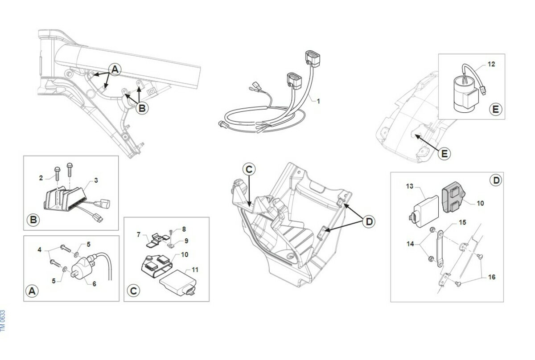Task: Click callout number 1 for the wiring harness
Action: coord(318,101)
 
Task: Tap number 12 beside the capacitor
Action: coord(491,64)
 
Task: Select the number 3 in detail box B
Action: coord(95,180)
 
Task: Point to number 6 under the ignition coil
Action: coord(94,283)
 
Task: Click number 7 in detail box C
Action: coord(139,234)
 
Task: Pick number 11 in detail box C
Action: coord(195,270)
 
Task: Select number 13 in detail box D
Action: coord(410,186)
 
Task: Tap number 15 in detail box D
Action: coord(462,222)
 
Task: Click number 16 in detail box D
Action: coord(491,277)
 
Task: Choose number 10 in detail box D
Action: coord(480,203)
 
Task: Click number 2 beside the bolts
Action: coord(41,178)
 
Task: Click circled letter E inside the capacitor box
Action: coord(495,109)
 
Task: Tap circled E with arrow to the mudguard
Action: coord(444,154)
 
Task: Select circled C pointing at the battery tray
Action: coord(249,169)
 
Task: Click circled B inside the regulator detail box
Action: coord(33,220)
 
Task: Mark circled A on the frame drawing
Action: coord(115,69)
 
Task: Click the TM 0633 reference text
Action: coord(3,320)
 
